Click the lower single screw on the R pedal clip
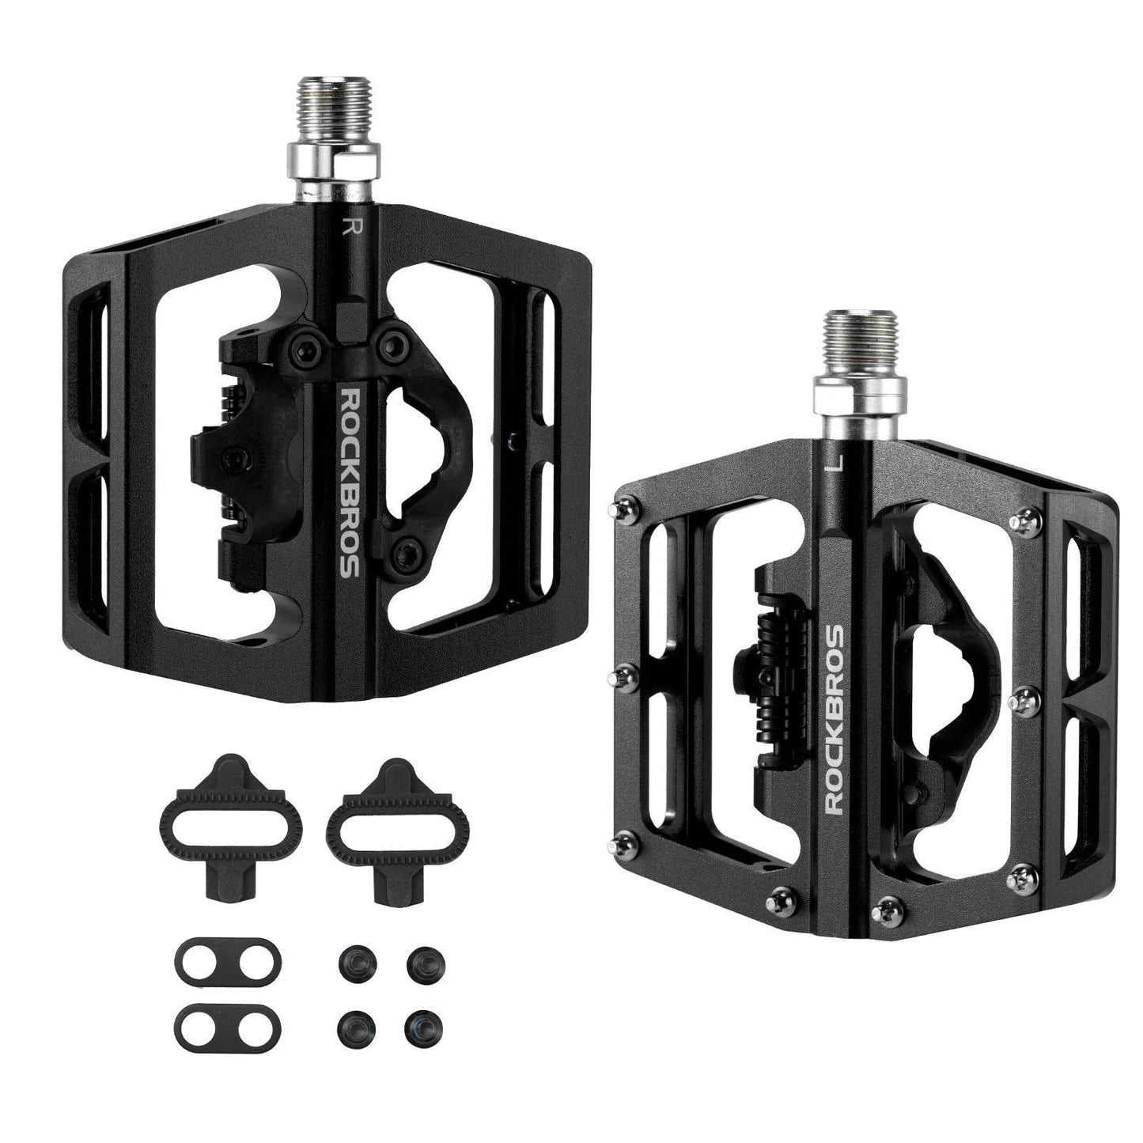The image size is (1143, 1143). (406, 549)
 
